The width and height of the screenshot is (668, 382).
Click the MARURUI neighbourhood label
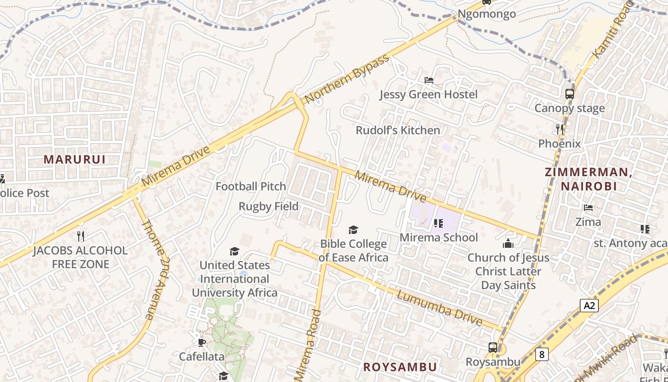coord(74,159)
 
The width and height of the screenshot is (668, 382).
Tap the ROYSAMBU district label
coord(400,367)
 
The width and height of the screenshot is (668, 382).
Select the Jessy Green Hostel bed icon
coord(429,80)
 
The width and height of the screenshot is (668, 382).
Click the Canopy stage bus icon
coord(569,94)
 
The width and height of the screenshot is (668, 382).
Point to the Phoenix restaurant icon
coord(560,129)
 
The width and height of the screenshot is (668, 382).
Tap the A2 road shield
coord(589,305)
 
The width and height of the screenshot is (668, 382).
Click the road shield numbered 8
coord(542,354)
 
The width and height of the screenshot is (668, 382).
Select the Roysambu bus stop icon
coord(492,348)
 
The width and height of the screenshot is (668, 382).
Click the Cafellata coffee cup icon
coord(201,342)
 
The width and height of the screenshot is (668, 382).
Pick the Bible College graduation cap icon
coord(353,230)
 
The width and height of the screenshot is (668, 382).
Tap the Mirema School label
coord(438,237)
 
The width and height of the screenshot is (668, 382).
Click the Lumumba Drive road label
coord(439,308)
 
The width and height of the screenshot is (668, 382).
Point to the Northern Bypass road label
coord(347,81)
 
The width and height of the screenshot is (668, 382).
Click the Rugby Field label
coord(269,206)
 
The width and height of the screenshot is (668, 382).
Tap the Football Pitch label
coord(251,186)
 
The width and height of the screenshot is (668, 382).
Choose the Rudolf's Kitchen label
coord(398,130)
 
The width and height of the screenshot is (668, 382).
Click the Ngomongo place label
coord(487,14)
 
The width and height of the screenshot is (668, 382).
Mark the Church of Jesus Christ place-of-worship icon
coord(508,244)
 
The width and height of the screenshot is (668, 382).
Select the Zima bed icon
coord(588,208)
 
